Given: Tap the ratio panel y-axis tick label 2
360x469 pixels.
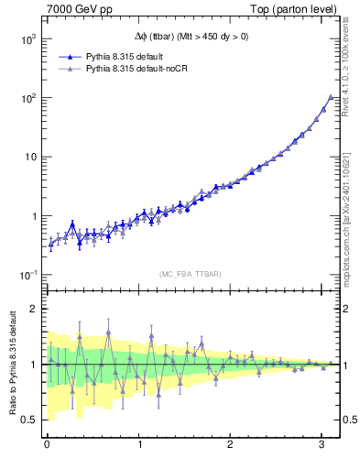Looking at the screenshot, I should click(x=35, y=309).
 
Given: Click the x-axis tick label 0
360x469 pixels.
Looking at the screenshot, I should click(x=47, y=446).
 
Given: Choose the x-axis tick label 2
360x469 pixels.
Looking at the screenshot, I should click(x=231, y=446).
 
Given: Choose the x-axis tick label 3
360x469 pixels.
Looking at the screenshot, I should click(x=322, y=446).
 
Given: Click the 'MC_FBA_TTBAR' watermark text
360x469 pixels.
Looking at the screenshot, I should click(x=190, y=275).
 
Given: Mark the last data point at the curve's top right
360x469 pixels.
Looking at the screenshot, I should click(x=331, y=97).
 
